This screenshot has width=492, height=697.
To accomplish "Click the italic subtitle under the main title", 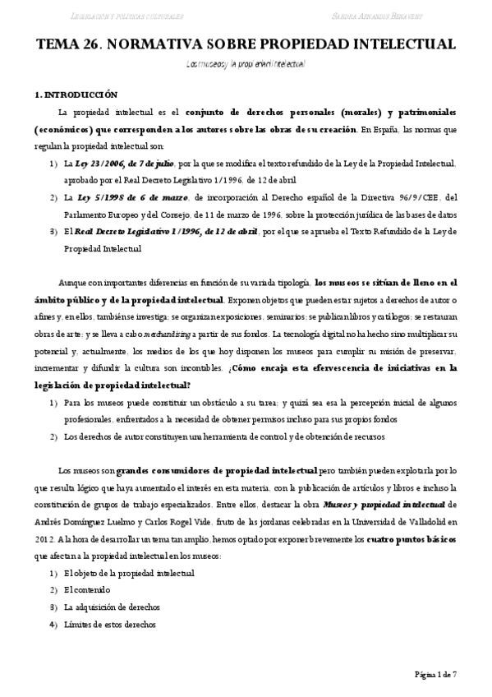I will [x=246, y=63].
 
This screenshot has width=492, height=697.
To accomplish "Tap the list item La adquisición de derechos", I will [x=112, y=608].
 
